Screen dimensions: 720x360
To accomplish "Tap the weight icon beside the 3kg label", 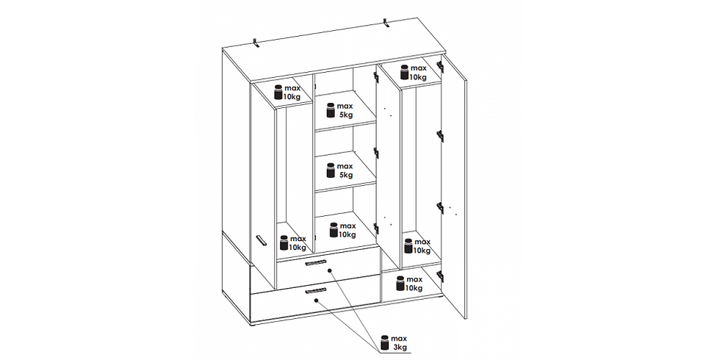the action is tap(385, 342).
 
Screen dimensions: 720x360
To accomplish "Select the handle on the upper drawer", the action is tap(315, 262).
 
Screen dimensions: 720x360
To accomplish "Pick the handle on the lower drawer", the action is tap(315, 291).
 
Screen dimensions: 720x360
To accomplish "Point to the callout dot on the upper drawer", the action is tap(330, 271).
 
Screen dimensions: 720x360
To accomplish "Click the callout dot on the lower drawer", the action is tap(317, 300).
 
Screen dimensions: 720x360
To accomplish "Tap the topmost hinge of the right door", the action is tap(440, 66).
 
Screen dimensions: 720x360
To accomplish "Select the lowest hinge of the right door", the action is tap(440, 276).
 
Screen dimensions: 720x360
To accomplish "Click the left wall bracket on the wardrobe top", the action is tap(256, 43).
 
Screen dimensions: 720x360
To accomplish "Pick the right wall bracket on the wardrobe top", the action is tap(386, 23).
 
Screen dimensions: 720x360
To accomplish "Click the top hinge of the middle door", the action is tap(376, 78).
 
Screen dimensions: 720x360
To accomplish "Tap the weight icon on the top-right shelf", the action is tap(405, 73).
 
